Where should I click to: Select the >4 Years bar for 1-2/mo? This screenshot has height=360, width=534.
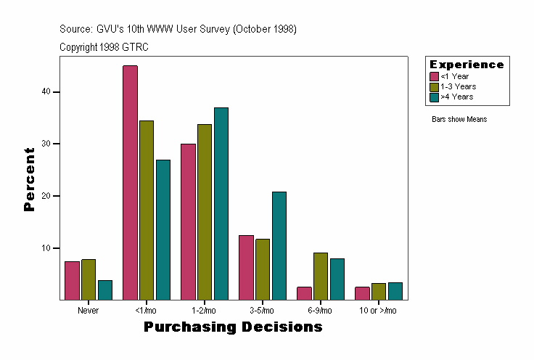coord(221,204)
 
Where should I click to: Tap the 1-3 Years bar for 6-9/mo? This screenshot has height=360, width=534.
coord(320,277)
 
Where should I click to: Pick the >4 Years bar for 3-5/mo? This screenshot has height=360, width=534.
coord(279,246)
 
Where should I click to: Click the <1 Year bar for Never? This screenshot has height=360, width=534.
coord(72,281)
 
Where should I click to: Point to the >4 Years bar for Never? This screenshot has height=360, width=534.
coord(105,290)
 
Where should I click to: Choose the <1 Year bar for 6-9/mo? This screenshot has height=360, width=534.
coord(304,293)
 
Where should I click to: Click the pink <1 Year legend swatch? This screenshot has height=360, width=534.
coord(434,76)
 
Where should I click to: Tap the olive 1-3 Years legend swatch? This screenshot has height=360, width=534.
coord(434,86)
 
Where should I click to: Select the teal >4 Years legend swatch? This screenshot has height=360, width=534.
coord(434,97)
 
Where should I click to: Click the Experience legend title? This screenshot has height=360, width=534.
coord(467,65)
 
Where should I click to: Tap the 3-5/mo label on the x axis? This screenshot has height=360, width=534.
coord(262,311)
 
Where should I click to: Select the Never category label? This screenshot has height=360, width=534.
coord(89,311)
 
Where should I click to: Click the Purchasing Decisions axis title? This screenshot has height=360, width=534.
coord(233,327)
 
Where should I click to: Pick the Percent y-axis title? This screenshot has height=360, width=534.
coord(30,179)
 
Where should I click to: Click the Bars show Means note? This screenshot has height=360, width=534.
coord(459,119)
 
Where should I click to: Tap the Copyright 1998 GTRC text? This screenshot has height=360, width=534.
coord(104,46)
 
